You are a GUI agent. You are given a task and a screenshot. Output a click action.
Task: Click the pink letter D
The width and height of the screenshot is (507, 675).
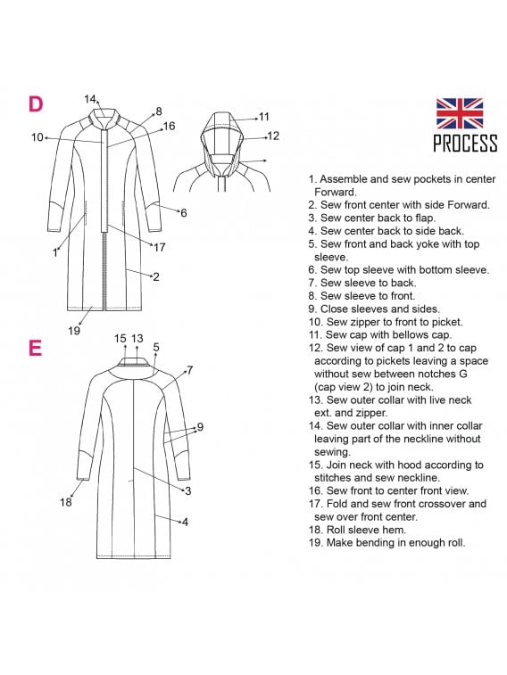coord(36,104)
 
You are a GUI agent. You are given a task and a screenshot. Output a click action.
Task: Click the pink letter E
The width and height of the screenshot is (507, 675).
coord(36,348)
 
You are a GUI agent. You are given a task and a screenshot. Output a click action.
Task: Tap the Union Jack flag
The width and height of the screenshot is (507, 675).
coord(460,113)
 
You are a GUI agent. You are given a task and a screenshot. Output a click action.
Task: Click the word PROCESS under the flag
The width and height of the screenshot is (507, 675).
coord(465,143)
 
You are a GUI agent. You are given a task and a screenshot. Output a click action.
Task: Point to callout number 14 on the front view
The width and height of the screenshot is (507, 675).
coord(89,99)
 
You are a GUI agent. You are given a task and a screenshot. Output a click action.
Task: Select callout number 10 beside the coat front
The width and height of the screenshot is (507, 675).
coord(37,137)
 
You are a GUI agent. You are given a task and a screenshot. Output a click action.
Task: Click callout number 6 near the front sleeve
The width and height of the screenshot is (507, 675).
coord(184,213)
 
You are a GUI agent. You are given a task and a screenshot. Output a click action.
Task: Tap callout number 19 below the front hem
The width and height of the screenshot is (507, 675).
coord(74,331)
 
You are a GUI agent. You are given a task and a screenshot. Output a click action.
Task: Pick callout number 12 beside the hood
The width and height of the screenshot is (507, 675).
coord(273,136)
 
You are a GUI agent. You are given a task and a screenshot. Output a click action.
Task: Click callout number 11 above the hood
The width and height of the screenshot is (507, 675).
coord(263,117)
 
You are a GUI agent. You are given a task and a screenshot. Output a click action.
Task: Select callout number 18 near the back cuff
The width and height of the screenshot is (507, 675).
coord(65,502)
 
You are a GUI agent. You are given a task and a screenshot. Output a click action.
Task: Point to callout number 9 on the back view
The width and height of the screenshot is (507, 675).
coord(200,427)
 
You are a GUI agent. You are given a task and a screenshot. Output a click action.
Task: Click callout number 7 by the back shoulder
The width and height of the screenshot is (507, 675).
coord(190,371)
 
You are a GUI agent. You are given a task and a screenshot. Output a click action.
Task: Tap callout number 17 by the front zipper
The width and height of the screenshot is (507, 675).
coord(160,247)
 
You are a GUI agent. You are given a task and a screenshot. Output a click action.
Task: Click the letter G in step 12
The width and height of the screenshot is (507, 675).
coord(463,374)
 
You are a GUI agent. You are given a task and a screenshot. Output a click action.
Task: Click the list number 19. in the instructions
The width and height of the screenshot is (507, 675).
coord(316,542)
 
